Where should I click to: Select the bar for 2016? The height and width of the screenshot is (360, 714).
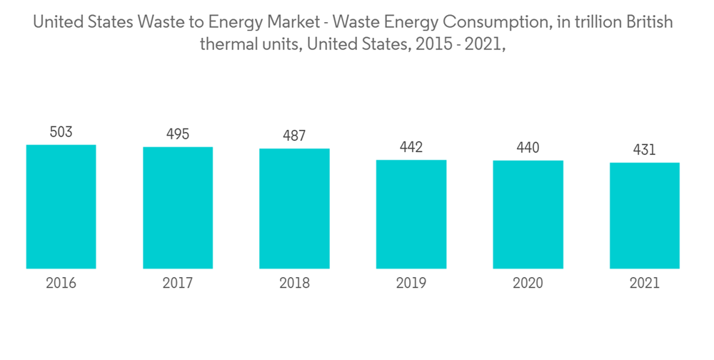(x=61, y=206)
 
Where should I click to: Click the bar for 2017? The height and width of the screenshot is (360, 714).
(x=178, y=208)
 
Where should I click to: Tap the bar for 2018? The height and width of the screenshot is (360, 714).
(x=294, y=209)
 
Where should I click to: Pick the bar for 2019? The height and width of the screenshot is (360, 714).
(x=411, y=214)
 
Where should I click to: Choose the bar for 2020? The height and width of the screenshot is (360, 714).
(x=528, y=214)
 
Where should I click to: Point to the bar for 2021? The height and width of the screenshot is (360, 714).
(x=645, y=216)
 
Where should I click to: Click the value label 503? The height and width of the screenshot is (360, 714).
(x=61, y=132)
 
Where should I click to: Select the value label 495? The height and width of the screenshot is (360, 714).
(x=178, y=134)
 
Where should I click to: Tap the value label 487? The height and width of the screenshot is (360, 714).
(x=294, y=136)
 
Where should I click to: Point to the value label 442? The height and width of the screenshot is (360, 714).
(x=411, y=147)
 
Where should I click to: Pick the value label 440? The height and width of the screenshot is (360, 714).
(x=528, y=148)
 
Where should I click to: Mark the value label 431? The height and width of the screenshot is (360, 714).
(x=645, y=150)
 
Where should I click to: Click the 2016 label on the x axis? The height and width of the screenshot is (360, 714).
(x=61, y=284)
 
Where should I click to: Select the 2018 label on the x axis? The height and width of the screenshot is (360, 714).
(x=294, y=284)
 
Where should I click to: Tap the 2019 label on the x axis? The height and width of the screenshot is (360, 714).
(x=411, y=284)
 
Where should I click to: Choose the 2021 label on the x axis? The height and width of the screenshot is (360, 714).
(x=645, y=284)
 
